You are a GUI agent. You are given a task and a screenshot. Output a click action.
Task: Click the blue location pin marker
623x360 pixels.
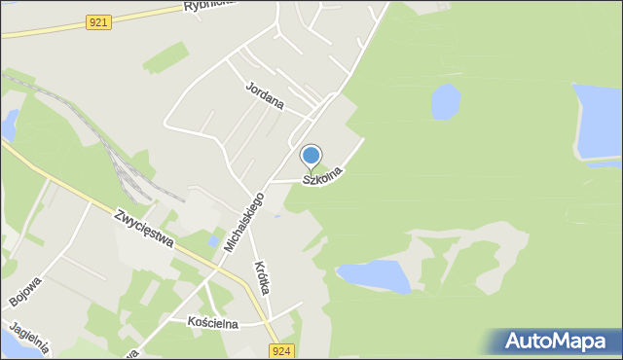point(311,156)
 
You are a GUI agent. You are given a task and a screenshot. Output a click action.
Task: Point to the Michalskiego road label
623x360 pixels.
point(243,223)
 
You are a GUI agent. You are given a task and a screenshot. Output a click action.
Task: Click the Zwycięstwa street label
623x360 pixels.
point(144,228)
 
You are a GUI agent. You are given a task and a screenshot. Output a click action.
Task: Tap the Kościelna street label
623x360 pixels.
point(205,322)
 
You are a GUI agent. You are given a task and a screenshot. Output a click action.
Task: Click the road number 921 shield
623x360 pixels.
point(97,22)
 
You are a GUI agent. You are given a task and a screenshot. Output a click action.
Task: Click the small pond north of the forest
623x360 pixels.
point(445,99)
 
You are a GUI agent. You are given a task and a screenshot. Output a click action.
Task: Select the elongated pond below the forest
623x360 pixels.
point(374,275)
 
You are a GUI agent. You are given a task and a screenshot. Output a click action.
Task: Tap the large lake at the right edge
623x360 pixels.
point(597,122)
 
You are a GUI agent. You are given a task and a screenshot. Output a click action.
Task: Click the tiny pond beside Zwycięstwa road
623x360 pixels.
point(213,240)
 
